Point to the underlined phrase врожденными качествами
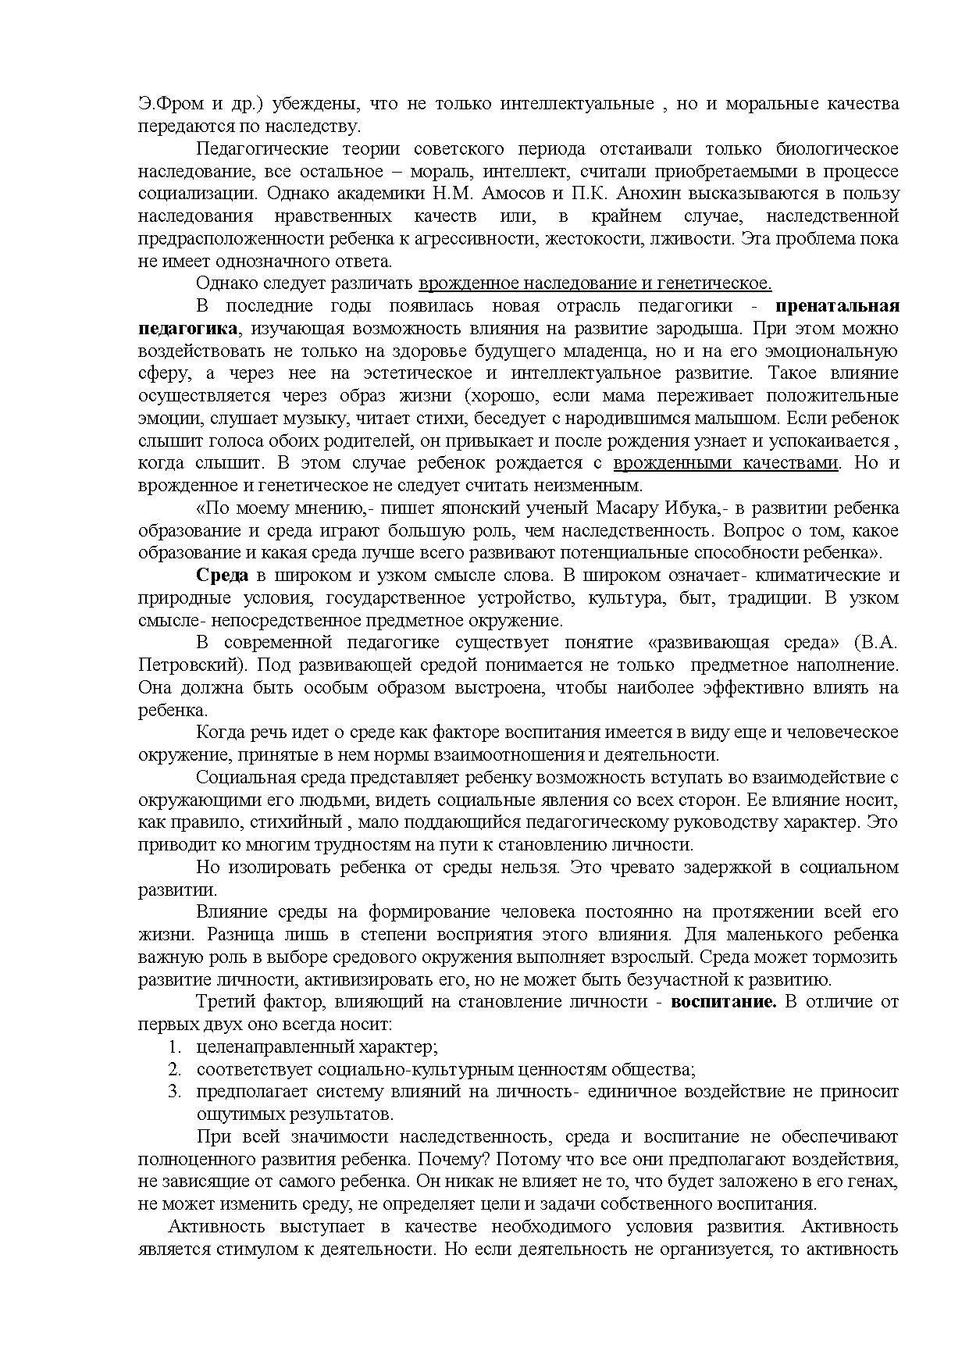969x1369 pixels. pos(725,463)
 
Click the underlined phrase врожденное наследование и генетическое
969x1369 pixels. pos(595,283)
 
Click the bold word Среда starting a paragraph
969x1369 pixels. pos(222,576)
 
